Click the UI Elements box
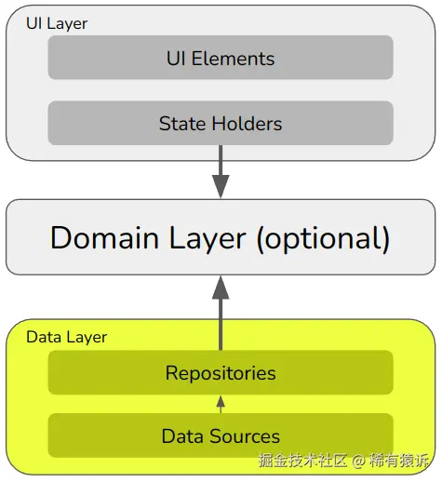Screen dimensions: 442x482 click(x=221, y=58)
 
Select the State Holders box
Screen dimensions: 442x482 click(x=221, y=123)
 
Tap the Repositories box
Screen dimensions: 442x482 click(x=221, y=372)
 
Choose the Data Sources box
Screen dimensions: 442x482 click(x=221, y=435)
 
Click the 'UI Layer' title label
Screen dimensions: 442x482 click(x=57, y=24)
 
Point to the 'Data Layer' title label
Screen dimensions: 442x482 click(x=67, y=338)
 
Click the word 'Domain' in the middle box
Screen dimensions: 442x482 click(x=104, y=238)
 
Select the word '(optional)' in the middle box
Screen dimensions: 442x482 click(x=323, y=239)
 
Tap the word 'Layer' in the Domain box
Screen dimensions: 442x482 click(x=208, y=239)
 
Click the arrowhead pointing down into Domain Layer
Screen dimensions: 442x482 click(x=221, y=186)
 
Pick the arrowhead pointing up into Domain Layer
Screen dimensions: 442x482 click(x=221, y=288)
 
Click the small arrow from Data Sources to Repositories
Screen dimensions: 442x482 click(x=221, y=404)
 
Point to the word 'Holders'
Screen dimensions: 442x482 click(x=247, y=124)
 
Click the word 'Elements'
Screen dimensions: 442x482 click(x=233, y=59)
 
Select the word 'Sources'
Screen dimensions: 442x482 click(x=245, y=436)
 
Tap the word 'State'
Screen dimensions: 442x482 click(x=182, y=124)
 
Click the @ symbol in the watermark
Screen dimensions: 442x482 click(x=358, y=461)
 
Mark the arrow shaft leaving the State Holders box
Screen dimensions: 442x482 click(x=221, y=160)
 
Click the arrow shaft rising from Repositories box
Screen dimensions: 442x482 click(x=221, y=325)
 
